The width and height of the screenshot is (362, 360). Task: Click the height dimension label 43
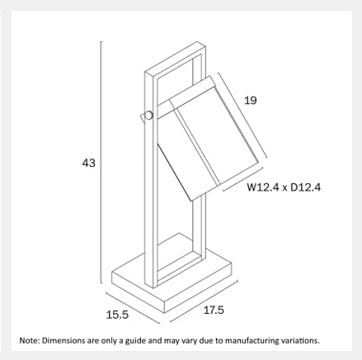(x=88, y=163)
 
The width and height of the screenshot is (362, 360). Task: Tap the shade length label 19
(x=250, y=101)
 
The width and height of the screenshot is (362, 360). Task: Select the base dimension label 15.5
(x=117, y=315)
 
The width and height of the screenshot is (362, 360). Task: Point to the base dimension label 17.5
(x=214, y=310)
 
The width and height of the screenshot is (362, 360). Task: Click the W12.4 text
(x=263, y=187)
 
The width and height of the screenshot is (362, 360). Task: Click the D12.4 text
(x=305, y=187)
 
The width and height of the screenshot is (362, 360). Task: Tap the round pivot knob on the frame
(x=148, y=115)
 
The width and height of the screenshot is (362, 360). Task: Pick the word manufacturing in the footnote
(x=252, y=341)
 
